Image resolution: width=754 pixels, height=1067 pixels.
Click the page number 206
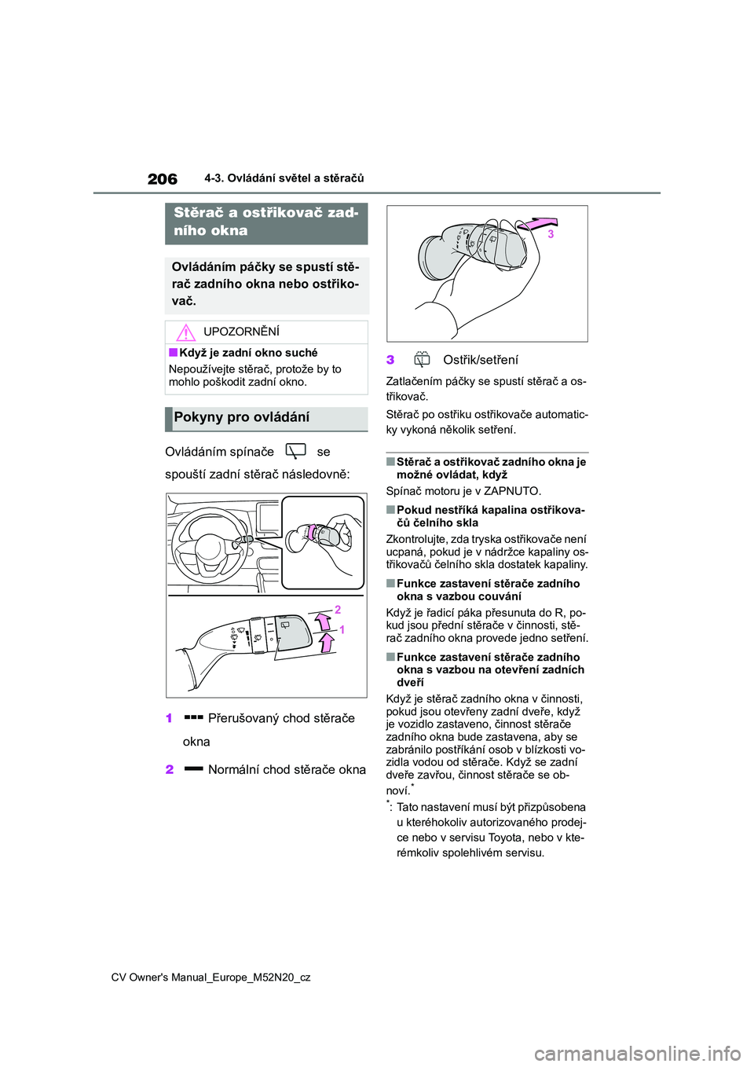(163, 179)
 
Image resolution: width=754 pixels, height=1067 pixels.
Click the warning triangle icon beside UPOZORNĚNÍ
(185, 332)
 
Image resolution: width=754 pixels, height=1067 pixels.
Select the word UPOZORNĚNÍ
(241, 332)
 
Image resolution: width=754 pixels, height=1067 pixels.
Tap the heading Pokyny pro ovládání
(242, 417)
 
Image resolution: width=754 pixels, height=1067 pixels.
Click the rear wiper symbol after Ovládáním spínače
(295, 451)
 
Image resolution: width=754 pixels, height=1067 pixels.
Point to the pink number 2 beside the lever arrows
(338, 610)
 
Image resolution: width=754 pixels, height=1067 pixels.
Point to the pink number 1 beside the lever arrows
(342, 629)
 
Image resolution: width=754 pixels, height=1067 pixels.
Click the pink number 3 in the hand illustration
(551, 234)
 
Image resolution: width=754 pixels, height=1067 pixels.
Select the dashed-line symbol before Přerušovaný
(193, 717)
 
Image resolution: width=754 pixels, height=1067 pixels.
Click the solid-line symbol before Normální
(193, 769)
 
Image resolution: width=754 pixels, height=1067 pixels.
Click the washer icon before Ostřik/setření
(422, 360)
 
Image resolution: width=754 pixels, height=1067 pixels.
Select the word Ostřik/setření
(481, 360)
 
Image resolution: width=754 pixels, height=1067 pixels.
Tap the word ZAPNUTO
(511, 491)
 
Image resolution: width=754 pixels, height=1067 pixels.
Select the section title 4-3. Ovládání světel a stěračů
(284, 178)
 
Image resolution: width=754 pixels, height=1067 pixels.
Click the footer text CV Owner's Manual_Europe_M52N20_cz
(210, 977)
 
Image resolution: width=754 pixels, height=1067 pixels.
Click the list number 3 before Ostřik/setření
(390, 360)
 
